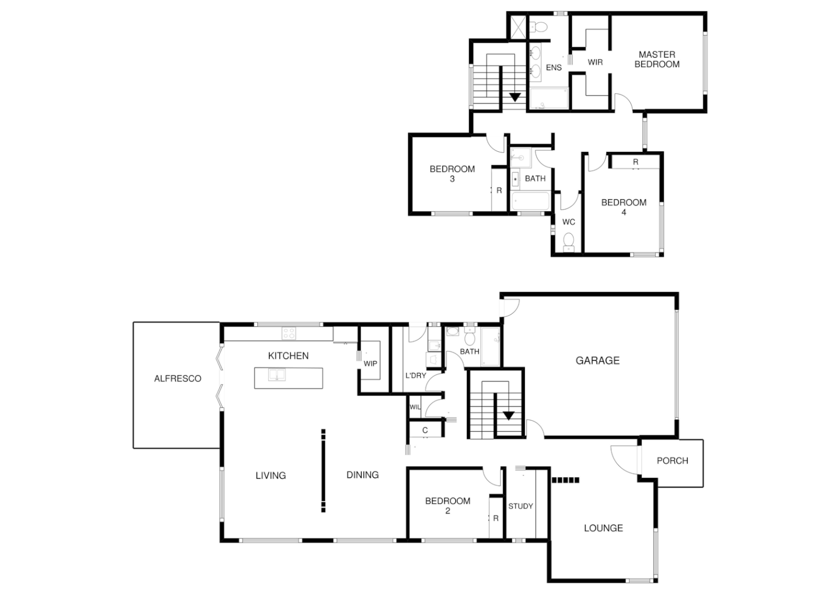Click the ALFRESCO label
pos(178,378)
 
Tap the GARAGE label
pos(598,361)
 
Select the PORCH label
pos(672,461)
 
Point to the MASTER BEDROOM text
pos(657,59)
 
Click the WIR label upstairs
pos(595,62)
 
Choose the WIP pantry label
pos(370,364)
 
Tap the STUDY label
pos(521,506)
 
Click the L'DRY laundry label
pos(416,376)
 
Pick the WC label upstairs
pos(568,222)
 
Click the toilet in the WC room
pos(569,240)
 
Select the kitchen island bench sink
pos(277,375)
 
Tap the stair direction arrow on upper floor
pos(515,97)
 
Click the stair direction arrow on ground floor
pos(509,416)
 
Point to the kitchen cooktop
pos(289,333)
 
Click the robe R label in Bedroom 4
pos(635,162)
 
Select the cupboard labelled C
pos(425,430)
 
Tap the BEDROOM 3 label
pos(452,174)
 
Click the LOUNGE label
pos(603,528)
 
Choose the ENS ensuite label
pos(554,68)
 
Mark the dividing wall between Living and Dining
pos(323,471)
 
